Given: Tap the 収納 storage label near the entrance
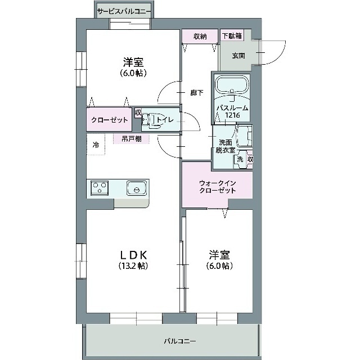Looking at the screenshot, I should click(x=200, y=37).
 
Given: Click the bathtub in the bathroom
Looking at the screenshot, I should click(x=231, y=87).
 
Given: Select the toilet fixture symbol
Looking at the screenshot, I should click(x=147, y=119).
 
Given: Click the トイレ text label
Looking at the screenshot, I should click(x=165, y=119).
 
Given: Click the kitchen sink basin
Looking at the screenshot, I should click(x=136, y=188).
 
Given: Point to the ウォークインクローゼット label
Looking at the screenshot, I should click(x=217, y=186).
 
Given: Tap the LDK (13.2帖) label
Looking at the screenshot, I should click(x=133, y=260).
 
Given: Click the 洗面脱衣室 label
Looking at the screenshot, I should click(x=223, y=146).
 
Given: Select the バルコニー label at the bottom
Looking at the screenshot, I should click(x=180, y=341).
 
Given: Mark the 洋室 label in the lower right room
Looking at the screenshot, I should click(x=219, y=260).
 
